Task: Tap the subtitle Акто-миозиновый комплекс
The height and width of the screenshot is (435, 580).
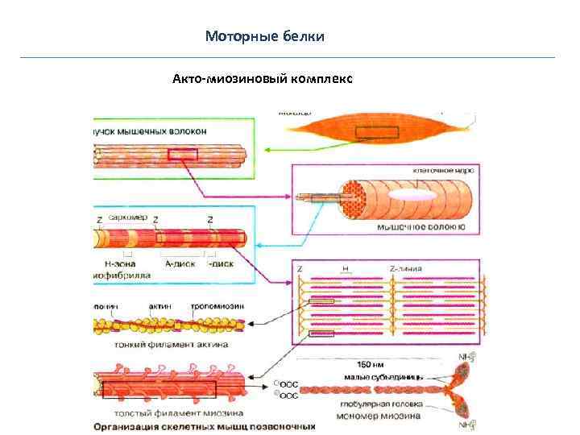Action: (x=262, y=79)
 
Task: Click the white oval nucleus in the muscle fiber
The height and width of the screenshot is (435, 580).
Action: (x=415, y=196)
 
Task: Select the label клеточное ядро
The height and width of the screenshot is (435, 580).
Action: (x=442, y=171)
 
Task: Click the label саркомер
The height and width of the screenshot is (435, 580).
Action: (x=127, y=218)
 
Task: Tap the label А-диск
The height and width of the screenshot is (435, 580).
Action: (x=179, y=263)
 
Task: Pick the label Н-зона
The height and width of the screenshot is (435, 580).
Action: (x=120, y=263)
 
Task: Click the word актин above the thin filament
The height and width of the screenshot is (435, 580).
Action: (x=159, y=306)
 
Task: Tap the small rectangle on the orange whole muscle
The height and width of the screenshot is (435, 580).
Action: (x=377, y=132)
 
